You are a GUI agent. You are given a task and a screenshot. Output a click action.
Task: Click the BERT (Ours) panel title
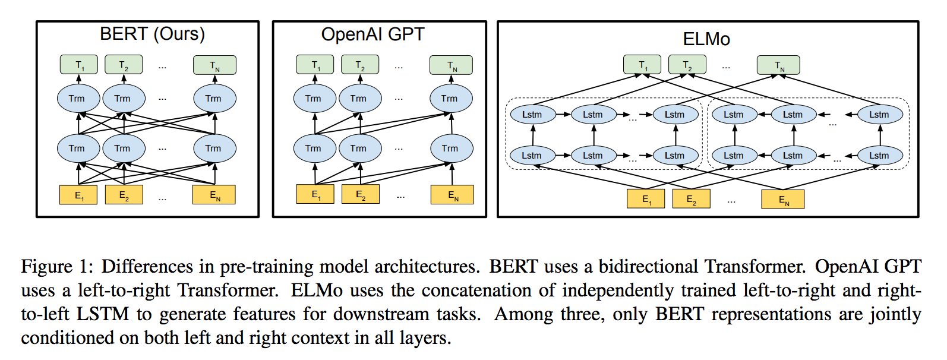(x=152, y=34)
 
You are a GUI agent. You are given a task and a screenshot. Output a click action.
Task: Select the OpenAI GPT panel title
(x=373, y=34)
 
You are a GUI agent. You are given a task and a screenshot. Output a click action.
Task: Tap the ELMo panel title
(x=706, y=39)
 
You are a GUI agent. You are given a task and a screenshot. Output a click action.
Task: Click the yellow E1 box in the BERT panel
(x=78, y=195)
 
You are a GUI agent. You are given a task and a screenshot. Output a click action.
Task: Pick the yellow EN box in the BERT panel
(x=214, y=195)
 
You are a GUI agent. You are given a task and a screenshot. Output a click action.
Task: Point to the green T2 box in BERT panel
(x=124, y=65)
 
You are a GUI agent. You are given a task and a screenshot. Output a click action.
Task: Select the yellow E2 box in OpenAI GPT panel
(x=361, y=195)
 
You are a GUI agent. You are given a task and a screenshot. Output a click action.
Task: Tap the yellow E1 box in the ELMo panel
(x=646, y=199)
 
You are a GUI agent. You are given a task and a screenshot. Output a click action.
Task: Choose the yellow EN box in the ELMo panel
(x=783, y=200)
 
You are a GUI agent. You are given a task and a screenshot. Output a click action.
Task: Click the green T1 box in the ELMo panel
(x=642, y=65)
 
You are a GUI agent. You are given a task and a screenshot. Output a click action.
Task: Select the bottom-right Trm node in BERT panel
(x=214, y=149)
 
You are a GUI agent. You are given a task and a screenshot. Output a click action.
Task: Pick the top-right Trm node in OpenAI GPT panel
(x=451, y=99)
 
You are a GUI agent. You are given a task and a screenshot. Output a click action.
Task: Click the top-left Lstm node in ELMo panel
(x=532, y=115)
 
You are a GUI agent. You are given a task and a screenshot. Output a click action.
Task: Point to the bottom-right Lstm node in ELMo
(x=880, y=156)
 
